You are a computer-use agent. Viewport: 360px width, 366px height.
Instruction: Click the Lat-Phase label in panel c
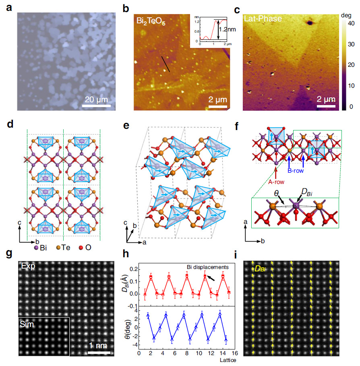click(262, 19)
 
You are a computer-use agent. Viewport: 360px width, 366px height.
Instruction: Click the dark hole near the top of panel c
click(310, 23)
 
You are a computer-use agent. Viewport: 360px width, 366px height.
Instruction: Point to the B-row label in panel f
click(296, 170)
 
